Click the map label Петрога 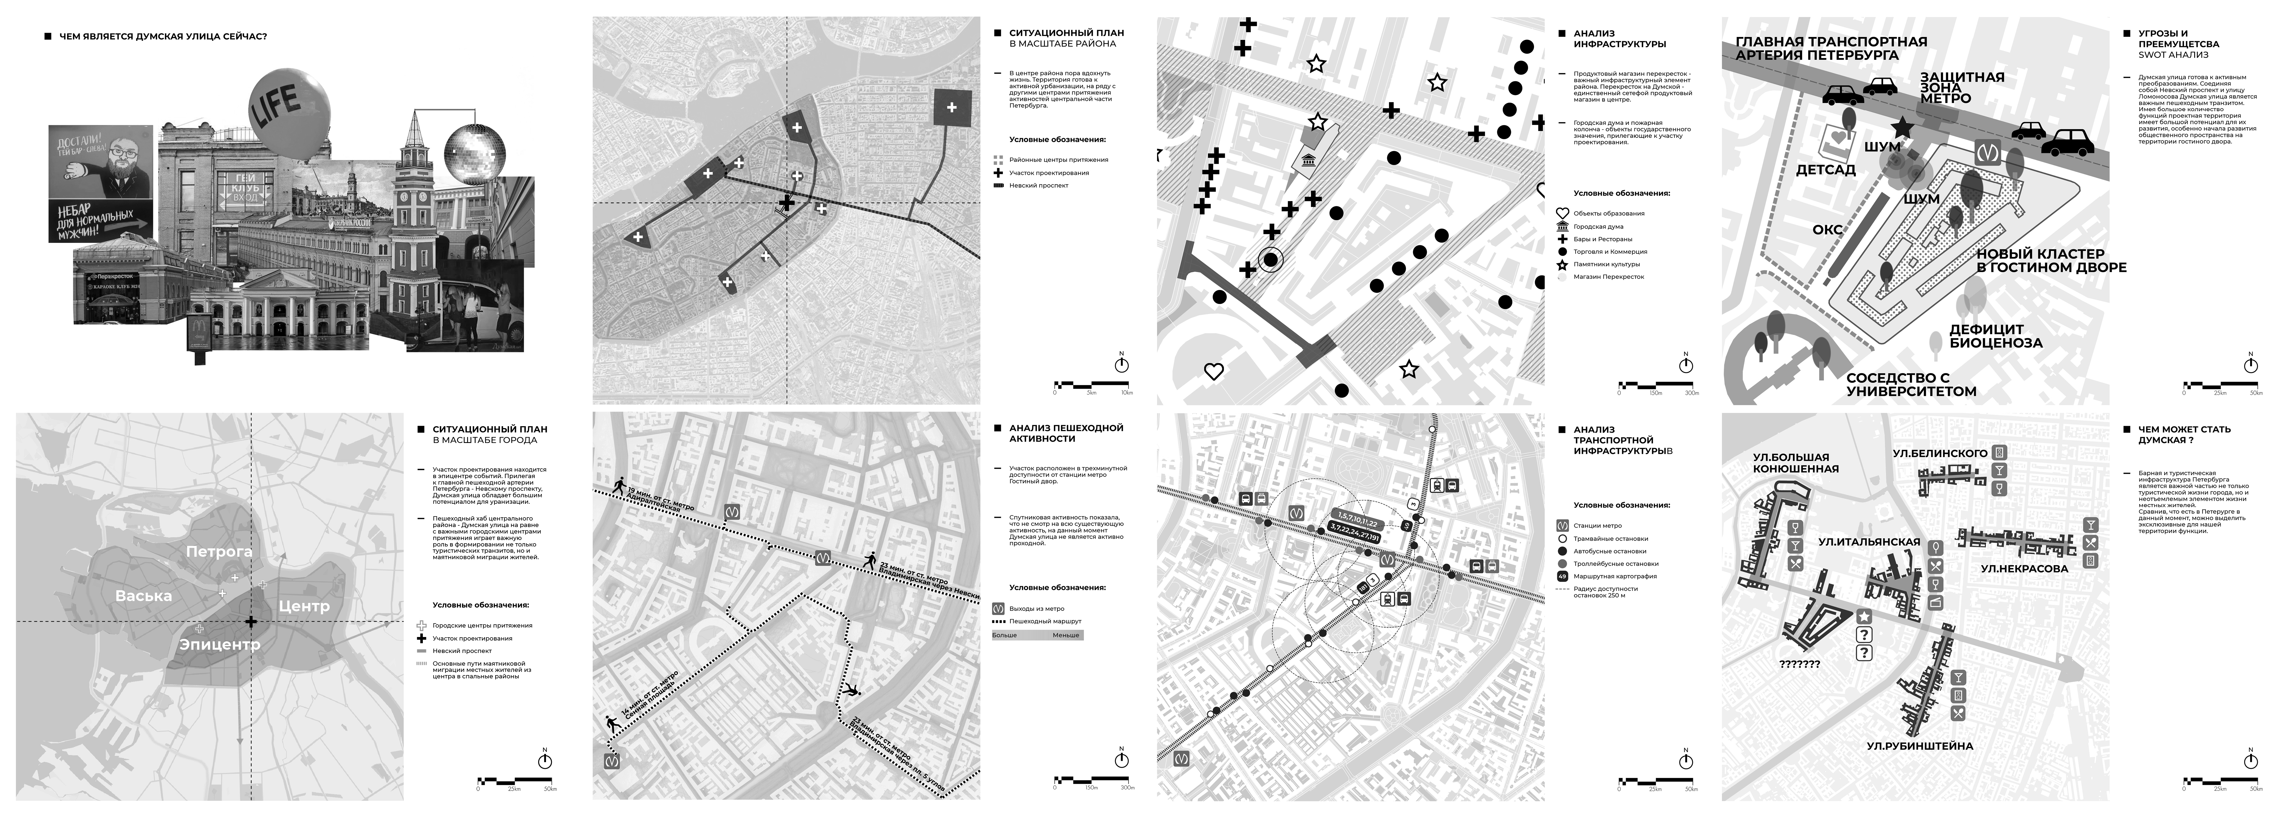pyautogui.click(x=218, y=551)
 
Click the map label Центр pyautogui.click(x=304, y=606)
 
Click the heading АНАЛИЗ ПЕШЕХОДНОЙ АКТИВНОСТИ pyautogui.click(x=1066, y=433)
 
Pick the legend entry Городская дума pyautogui.click(x=1598, y=226)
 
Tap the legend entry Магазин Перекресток pyautogui.click(x=1608, y=277)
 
